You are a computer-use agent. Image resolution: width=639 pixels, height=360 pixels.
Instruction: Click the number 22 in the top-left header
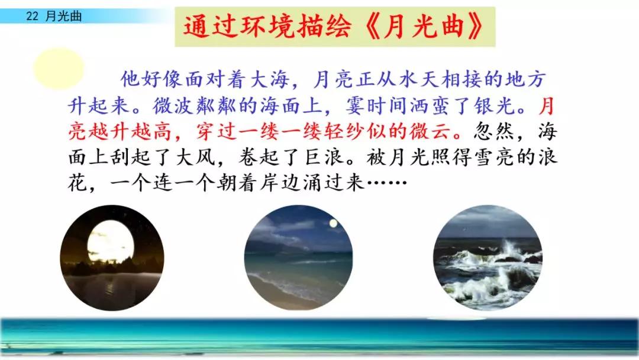[x=32, y=16]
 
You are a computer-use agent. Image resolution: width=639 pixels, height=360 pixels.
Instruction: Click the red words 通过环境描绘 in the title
[x=267, y=27]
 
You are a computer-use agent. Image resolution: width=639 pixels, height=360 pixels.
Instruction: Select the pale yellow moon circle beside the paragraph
[x=58, y=68]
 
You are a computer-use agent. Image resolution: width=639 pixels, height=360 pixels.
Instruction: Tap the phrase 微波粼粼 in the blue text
[x=194, y=105]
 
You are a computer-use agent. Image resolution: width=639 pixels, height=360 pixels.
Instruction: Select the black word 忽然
[x=495, y=131]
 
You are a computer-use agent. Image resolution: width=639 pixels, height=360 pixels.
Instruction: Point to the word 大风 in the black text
[x=195, y=157]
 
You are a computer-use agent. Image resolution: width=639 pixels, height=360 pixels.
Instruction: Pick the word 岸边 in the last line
[x=281, y=183]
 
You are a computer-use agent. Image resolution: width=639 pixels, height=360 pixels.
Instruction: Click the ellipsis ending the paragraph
[x=387, y=183]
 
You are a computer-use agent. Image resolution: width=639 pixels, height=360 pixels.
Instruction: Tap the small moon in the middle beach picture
[x=333, y=223]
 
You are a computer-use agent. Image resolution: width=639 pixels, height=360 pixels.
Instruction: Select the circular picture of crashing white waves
[x=488, y=258]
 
